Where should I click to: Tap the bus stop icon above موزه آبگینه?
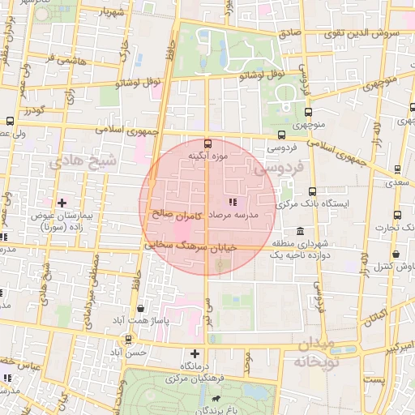tap(207, 142)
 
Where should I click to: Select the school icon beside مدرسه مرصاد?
tap(232, 201)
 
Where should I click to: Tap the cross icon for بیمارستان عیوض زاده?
tap(62, 202)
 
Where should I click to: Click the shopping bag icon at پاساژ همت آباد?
tap(142, 308)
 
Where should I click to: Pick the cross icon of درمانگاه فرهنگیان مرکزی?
tap(195, 353)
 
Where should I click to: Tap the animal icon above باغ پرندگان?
tap(216, 400)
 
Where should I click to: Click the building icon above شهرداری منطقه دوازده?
tap(301, 230)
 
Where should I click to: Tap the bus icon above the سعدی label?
tap(397, 169)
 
